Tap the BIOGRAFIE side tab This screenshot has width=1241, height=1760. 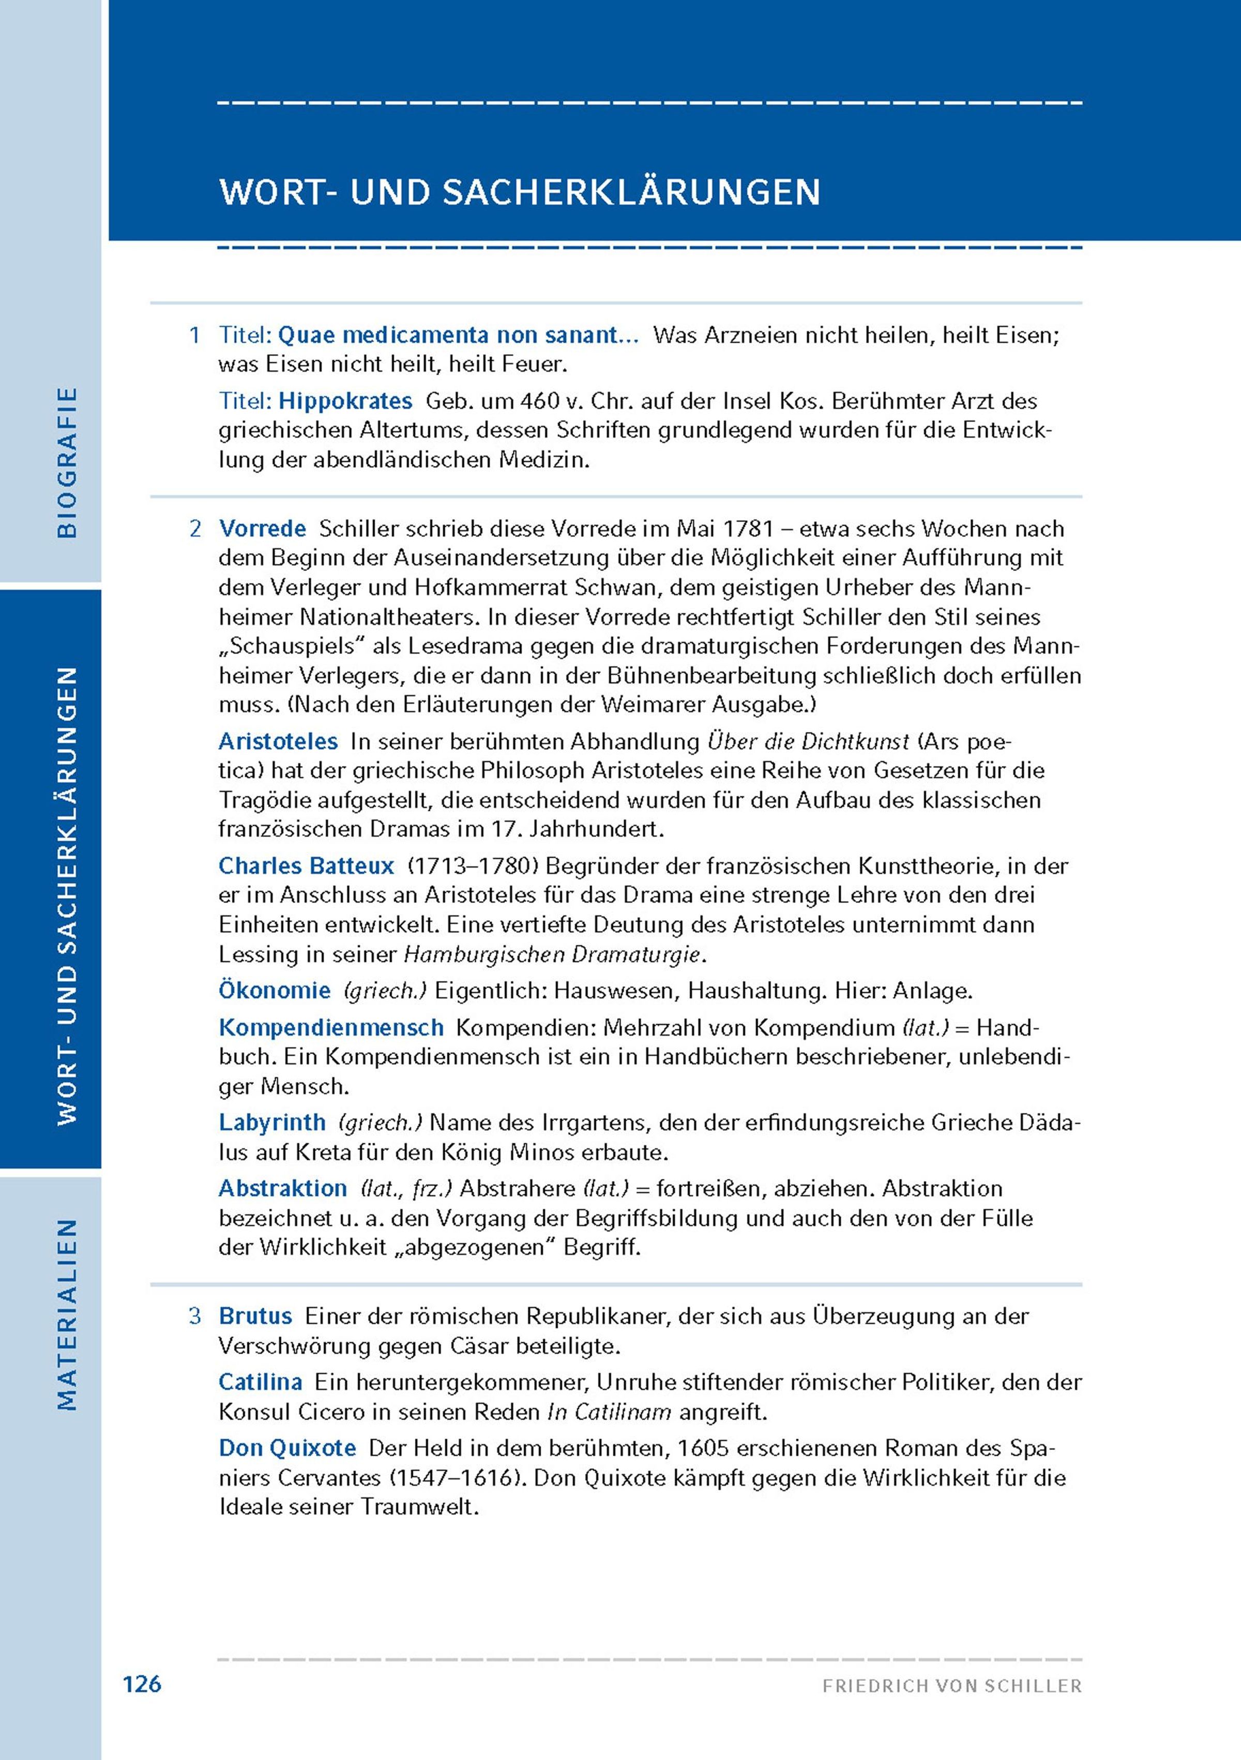coord(67,462)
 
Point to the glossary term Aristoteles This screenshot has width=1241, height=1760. coord(278,741)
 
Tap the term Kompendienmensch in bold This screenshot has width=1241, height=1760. coord(331,1027)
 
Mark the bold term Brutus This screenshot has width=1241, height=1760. coord(255,1316)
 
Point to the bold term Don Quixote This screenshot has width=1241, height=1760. coord(287,1448)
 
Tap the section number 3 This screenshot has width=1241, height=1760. coord(195,1316)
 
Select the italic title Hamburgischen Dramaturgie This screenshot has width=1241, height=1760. coord(552,954)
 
